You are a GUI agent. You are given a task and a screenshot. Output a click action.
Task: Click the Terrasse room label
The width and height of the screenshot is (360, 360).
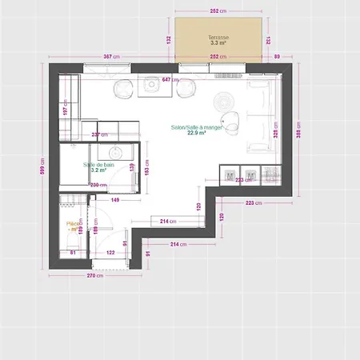pyautogui.click(x=218, y=38)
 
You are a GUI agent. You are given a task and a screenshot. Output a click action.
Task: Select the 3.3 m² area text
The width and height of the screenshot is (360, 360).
pyautogui.click(x=218, y=44)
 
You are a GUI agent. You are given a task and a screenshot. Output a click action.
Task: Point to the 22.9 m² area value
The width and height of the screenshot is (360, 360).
pyautogui.click(x=197, y=134)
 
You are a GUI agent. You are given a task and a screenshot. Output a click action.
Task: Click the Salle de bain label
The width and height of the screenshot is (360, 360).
pyautogui.click(x=99, y=164)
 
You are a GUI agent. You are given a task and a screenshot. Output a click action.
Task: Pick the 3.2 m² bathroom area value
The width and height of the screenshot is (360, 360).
pyautogui.click(x=99, y=170)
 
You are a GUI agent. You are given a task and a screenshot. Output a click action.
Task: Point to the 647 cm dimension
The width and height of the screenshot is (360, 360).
pyautogui.click(x=170, y=79)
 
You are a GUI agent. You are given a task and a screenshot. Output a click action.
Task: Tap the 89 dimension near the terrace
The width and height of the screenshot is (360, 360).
pyautogui.click(x=277, y=57)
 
